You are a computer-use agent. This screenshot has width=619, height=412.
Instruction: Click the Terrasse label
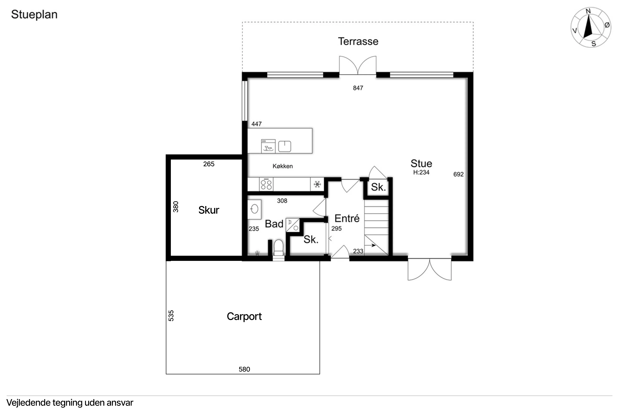point(358,42)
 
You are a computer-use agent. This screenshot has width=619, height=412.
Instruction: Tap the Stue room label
point(421,163)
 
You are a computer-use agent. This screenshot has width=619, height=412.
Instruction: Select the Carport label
point(244,317)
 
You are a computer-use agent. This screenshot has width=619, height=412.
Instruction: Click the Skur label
point(209,210)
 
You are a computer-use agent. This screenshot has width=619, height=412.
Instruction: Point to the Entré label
point(347,218)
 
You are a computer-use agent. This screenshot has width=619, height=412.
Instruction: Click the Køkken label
point(283,166)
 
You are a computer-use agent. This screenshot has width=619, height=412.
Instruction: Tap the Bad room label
point(274,224)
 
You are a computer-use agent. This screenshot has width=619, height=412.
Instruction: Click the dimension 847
point(358,88)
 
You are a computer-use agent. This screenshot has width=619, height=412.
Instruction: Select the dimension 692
point(458,174)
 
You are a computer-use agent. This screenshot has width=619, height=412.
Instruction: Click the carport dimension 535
point(171,315)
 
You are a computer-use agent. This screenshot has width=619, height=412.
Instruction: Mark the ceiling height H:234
point(421,172)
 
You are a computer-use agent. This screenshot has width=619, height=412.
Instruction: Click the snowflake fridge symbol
point(317,184)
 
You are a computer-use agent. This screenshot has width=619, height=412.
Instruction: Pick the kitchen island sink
point(285,146)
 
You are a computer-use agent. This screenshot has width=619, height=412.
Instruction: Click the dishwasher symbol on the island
point(268,146)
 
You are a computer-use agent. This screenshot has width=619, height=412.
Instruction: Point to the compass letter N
point(588,11)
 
